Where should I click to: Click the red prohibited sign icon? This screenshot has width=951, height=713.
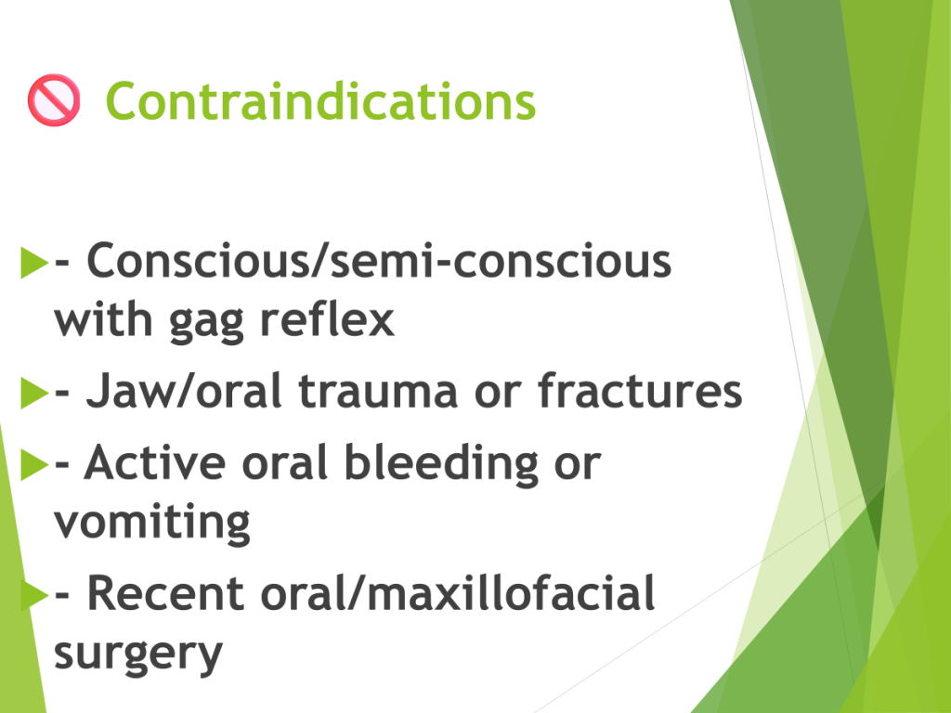[x=53, y=100]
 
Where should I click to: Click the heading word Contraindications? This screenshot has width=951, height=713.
[x=320, y=101]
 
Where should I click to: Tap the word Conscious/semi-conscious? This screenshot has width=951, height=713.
[x=379, y=261]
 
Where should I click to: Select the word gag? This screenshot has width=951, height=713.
[x=206, y=322]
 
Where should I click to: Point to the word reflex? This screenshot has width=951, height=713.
[x=327, y=318]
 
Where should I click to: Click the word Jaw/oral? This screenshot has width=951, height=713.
[x=184, y=391]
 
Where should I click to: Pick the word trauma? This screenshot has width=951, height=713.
[x=378, y=393]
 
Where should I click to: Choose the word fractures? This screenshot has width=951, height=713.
[x=640, y=390]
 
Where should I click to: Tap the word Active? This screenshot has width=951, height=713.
[x=155, y=462]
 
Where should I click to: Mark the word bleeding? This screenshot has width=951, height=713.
[x=441, y=464]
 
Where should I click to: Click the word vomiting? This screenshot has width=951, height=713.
[x=152, y=523]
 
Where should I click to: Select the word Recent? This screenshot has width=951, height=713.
[x=165, y=593]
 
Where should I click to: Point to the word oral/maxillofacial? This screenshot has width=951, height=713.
[x=458, y=592]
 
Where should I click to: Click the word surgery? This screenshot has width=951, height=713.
[x=138, y=655]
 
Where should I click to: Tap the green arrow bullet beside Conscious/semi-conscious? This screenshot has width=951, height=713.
[x=34, y=262]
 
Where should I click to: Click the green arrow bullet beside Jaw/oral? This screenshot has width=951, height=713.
[x=34, y=393]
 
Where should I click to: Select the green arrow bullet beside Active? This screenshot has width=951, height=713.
[x=34, y=464]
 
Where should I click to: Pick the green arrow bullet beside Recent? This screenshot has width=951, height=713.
[x=34, y=595]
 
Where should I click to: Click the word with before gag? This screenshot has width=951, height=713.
[x=103, y=318]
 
